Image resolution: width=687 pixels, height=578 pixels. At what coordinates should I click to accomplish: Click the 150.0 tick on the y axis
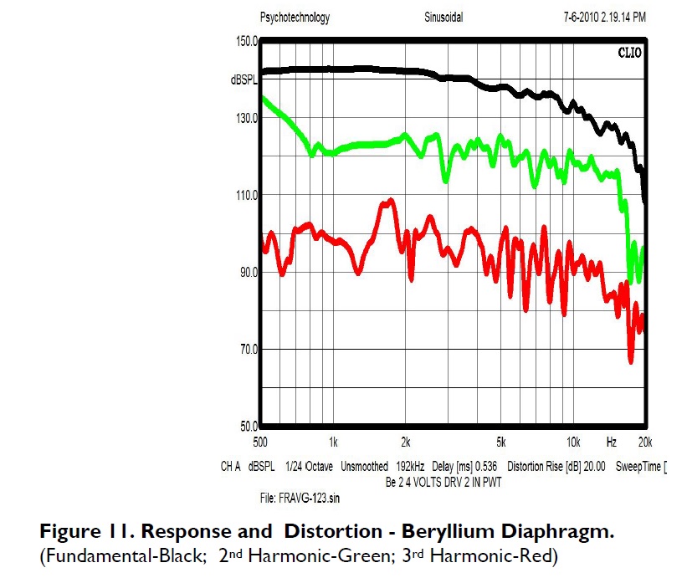(x=245, y=40)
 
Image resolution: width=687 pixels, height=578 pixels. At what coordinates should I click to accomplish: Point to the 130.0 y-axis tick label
(x=245, y=118)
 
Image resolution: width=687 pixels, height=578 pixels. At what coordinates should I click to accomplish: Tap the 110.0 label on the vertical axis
(x=245, y=195)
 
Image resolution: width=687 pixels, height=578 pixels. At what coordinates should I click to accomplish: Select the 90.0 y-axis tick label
(x=248, y=272)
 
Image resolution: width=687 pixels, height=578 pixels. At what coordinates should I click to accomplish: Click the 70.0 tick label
(x=248, y=349)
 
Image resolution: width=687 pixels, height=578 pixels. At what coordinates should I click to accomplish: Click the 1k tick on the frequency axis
(x=333, y=441)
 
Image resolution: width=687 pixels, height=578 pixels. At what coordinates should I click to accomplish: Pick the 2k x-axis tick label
(x=406, y=441)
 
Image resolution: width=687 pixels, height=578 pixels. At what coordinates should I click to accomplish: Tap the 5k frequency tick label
(x=501, y=441)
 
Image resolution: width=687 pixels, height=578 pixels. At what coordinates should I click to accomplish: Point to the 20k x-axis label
(x=644, y=441)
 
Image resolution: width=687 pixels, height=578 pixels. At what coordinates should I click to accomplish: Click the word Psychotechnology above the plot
(x=295, y=17)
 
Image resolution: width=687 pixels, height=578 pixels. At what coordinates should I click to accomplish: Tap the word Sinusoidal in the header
(x=443, y=17)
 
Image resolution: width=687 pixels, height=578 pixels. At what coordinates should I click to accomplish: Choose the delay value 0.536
(x=484, y=466)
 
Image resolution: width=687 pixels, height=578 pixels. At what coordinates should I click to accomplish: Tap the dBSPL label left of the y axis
(x=246, y=80)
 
